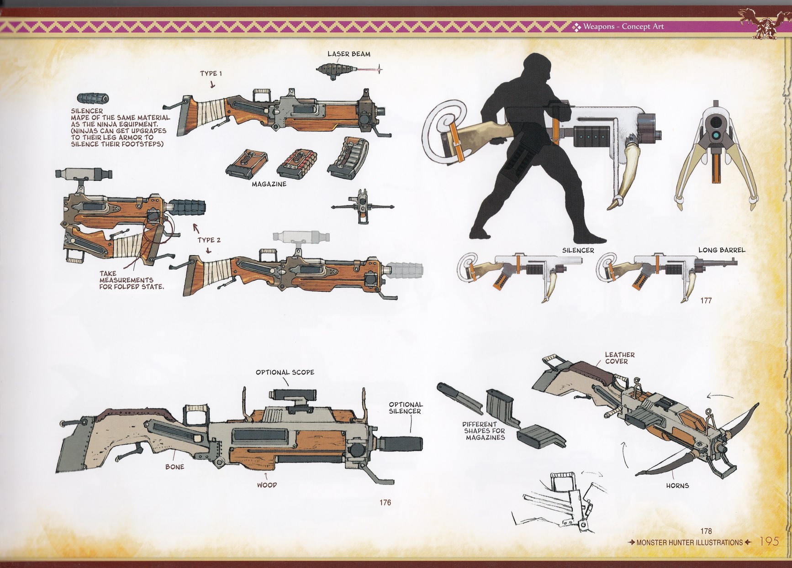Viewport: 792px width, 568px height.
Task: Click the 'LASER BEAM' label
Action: [x=349, y=54]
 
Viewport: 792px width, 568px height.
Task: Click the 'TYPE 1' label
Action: [x=211, y=74]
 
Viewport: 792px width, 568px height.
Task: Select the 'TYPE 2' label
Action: [x=209, y=240]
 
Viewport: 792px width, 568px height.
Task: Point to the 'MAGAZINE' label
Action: [x=269, y=184]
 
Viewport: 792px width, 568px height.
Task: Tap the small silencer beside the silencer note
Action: [x=93, y=99]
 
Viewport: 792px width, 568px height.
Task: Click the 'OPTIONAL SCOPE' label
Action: [x=285, y=372]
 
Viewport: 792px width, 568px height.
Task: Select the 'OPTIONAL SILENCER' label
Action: [x=406, y=408]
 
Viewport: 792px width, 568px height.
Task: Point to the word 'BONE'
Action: [x=175, y=467]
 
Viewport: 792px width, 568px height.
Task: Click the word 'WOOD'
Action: [x=267, y=485]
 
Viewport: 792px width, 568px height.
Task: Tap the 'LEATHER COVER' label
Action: [x=620, y=358]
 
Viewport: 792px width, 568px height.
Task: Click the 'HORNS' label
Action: [x=677, y=486]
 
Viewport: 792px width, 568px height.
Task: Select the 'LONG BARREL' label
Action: [x=722, y=250]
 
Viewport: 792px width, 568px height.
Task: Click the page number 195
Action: [x=769, y=542]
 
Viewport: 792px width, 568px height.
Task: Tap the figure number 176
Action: [x=385, y=503]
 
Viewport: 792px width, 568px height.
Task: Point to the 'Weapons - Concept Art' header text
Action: [x=623, y=26]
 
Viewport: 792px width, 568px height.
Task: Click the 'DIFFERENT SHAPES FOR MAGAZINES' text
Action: [x=485, y=431]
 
